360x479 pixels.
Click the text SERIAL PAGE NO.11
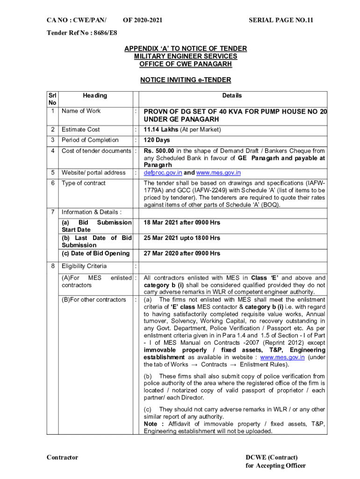coord(281,21)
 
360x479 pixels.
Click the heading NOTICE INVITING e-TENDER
coord(186,80)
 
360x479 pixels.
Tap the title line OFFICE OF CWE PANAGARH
coord(186,64)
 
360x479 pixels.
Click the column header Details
coord(232,95)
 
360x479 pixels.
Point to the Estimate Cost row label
coord(81,130)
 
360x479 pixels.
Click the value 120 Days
coord(157,140)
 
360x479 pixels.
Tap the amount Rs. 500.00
coord(159,151)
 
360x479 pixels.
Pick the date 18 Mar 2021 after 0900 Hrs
coord(182,223)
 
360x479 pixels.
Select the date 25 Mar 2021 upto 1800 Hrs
coord(182,238)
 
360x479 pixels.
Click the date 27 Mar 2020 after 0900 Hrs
coord(182,254)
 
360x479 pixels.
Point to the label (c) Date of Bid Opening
coord(95,254)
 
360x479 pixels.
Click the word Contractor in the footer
coord(62,457)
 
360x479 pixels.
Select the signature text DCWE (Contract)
coord(272,457)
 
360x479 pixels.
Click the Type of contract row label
coord(84,183)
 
